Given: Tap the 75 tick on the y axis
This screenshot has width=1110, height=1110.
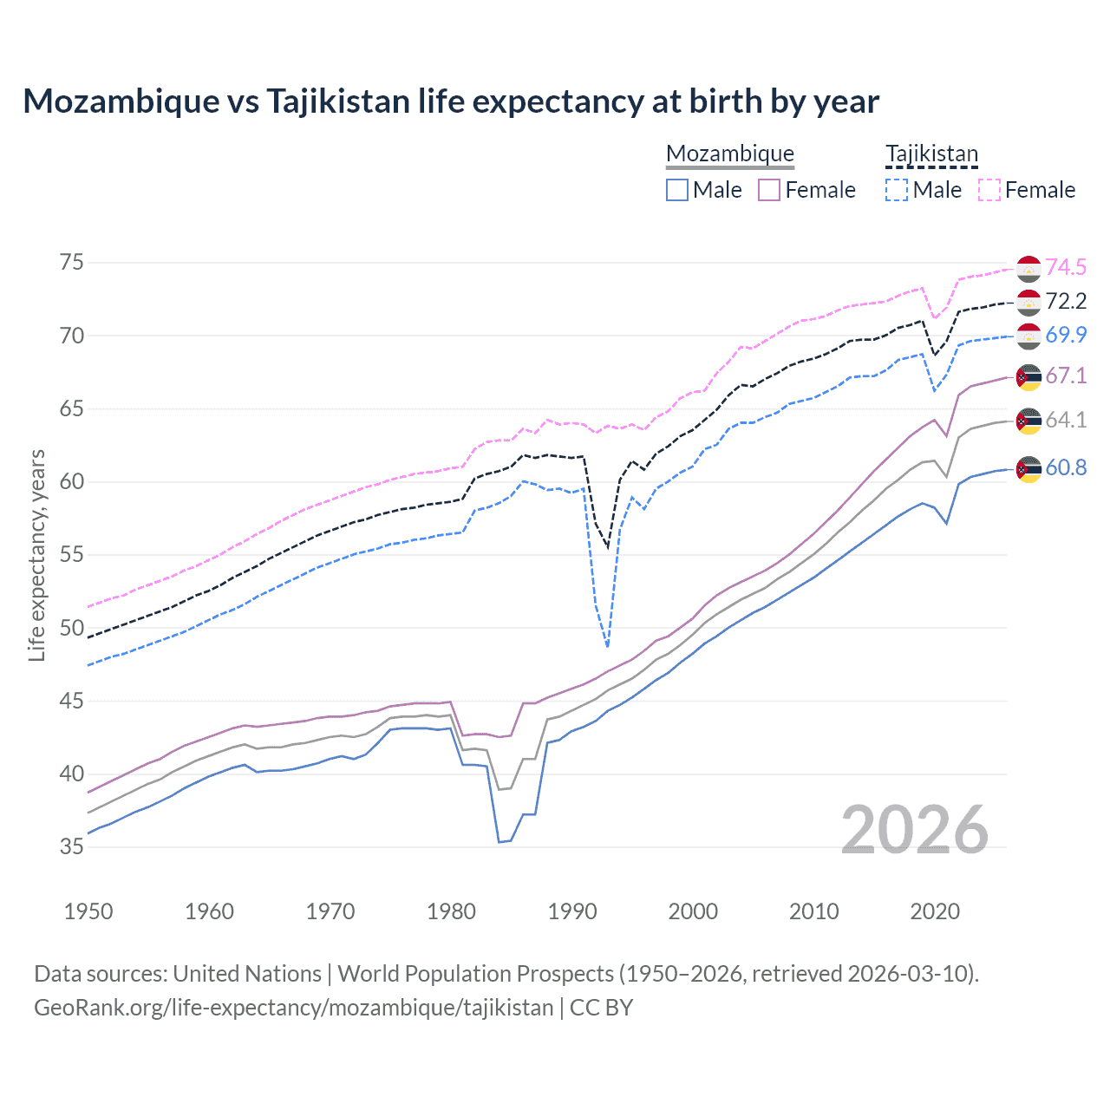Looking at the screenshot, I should click(72, 263).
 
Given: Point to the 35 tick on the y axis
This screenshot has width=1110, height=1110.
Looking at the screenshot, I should click(72, 846).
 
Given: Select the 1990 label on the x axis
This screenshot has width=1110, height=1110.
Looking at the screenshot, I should click(571, 911).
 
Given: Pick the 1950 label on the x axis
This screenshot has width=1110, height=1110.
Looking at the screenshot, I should click(88, 911).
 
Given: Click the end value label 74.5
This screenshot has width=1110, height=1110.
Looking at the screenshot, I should click(1066, 267).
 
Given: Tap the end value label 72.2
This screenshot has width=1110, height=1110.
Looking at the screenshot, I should click(1066, 301).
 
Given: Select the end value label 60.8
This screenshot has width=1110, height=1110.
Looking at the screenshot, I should click(1066, 467).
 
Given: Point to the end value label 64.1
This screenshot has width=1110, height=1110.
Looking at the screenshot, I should click(1066, 420).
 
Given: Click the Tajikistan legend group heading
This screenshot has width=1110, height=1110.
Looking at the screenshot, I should click(931, 154).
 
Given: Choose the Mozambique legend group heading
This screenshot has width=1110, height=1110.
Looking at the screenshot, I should click(730, 154).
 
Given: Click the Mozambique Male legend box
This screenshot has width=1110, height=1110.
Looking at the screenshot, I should click(677, 190).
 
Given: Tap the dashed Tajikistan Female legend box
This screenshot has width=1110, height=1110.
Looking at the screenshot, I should click(989, 190).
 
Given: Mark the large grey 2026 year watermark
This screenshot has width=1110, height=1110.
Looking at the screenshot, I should click(914, 830).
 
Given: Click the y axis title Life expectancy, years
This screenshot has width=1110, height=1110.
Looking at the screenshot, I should click(36, 555).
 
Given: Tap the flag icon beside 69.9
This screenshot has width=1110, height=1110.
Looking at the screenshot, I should click(1028, 336).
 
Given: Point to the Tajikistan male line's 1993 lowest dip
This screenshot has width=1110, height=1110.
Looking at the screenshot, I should click(608, 646).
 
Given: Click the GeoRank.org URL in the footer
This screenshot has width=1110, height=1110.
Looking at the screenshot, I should click(293, 1008).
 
